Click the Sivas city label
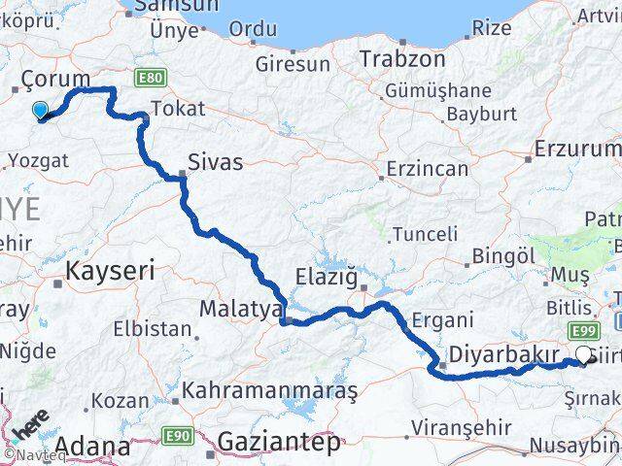[x=215, y=160]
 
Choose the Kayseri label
[x=110, y=271]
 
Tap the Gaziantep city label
[x=279, y=443]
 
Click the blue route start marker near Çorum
[x=40, y=112]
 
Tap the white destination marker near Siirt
[x=584, y=356]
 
